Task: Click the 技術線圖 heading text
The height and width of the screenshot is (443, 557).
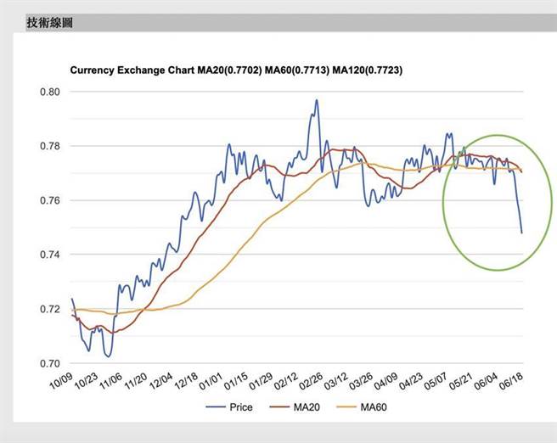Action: point(49,23)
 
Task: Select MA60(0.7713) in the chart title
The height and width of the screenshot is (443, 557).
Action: point(298,71)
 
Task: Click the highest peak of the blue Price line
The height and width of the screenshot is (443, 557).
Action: point(317,100)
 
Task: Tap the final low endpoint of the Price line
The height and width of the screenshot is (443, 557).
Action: point(521,233)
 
